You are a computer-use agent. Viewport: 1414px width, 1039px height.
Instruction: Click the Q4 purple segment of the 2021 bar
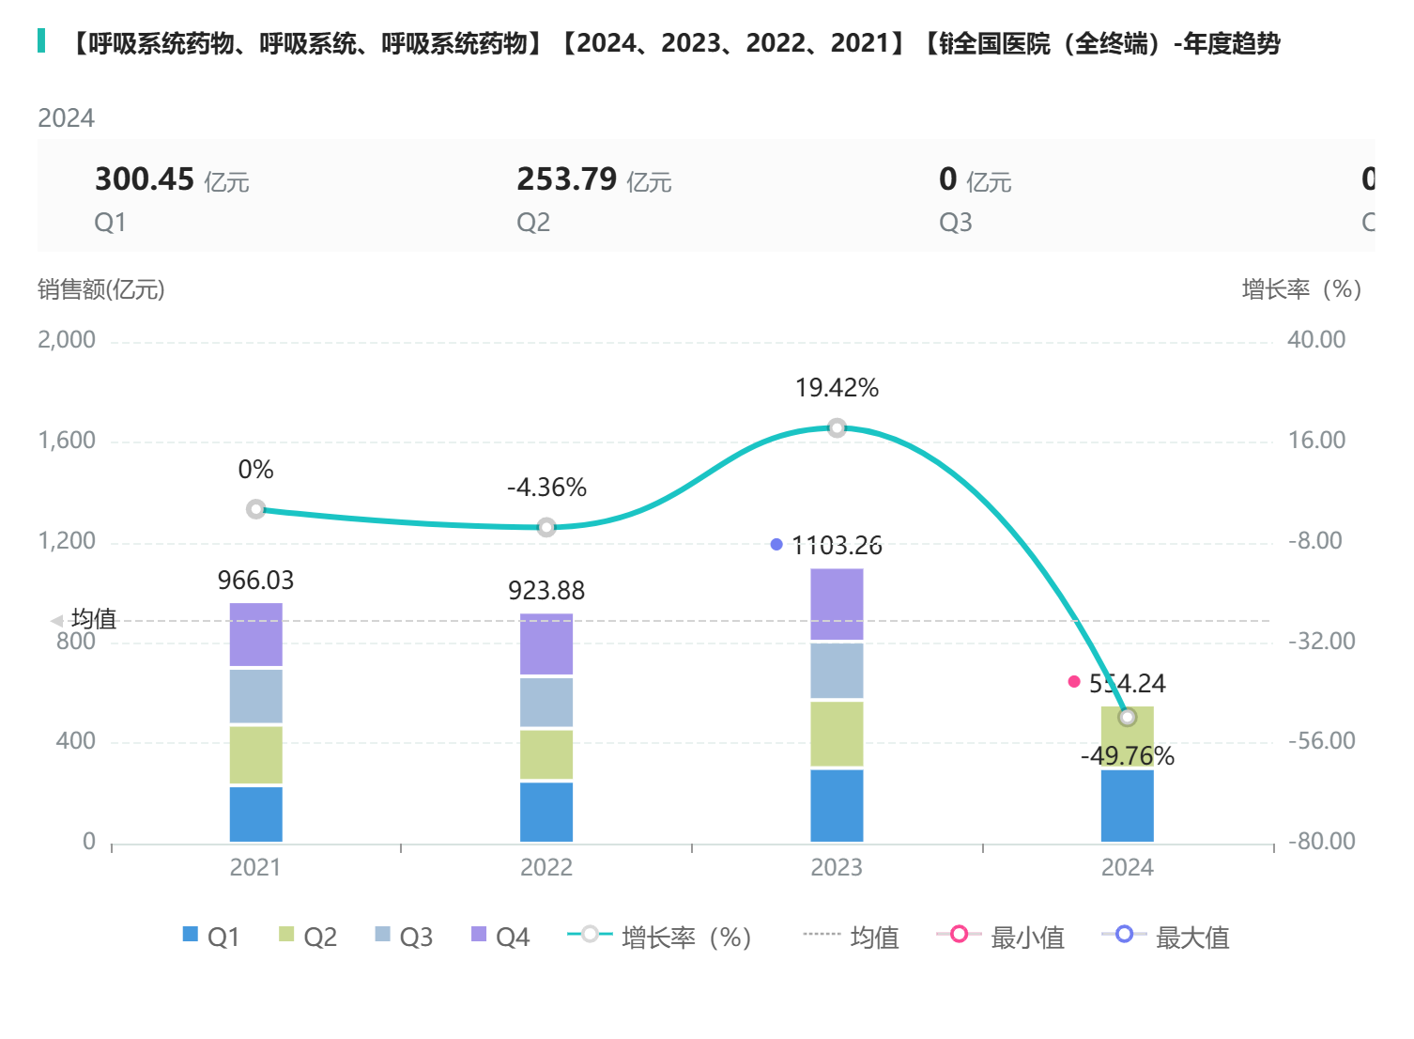click(255, 634)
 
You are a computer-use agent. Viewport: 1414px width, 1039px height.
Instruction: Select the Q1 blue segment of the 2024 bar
click(1127, 805)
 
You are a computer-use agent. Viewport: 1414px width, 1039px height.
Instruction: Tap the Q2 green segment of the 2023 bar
click(837, 733)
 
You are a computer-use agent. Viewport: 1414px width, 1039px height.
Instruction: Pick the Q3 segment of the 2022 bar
click(546, 702)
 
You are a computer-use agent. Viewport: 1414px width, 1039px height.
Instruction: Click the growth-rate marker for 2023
click(837, 428)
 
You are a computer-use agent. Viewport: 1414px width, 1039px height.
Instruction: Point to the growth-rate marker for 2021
click(255, 509)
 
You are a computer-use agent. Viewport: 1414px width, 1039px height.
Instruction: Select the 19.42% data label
click(837, 388)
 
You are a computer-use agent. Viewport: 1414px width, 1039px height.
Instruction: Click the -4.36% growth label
click(546, 488)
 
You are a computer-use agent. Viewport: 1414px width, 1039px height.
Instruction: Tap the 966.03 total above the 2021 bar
click(255, 581)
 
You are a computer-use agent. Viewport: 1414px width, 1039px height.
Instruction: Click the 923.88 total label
click(546, 591)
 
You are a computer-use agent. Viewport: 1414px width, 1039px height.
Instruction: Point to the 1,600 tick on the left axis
click(67, 441)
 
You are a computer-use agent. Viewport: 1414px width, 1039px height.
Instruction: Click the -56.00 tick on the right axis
click(1321, 741)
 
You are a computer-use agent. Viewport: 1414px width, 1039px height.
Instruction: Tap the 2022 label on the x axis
click(546, 867)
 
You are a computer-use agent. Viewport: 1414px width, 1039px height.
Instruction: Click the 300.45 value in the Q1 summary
click(145, 179)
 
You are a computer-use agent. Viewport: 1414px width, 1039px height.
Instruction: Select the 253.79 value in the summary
click(567, 179)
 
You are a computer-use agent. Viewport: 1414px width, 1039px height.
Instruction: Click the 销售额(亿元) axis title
click(101, 289)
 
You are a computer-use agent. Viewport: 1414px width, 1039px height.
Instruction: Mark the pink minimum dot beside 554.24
click(1074, 682)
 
